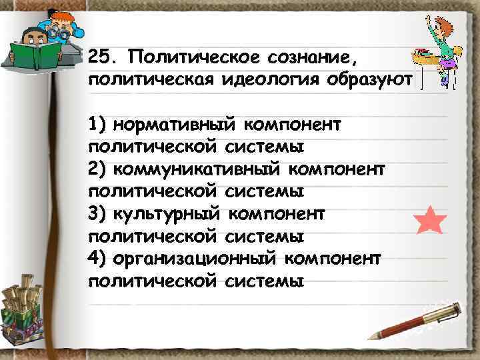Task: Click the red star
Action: point(430,221)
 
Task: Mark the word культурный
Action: point(169,214)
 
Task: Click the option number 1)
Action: point(96,125)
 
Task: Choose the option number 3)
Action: point(96,214)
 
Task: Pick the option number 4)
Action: point(96,258)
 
